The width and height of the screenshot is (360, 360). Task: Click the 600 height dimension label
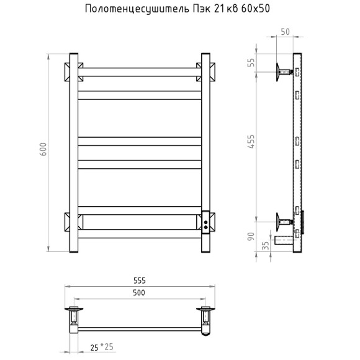pyautogui.click(x=43, y=149)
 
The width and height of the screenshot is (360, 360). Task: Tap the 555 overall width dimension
pyautogui.click(x=140, y=281)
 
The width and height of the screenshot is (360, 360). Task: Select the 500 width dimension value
pyautogui.click(x=139, y=293)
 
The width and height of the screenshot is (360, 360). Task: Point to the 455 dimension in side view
pyautogui.click(x=251, y=142)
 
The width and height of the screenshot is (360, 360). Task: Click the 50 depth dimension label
pyautogui.click(x=285, y=32)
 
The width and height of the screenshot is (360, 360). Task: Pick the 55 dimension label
pyautogui.click(x=252, y=63)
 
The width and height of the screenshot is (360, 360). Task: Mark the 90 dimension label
pyautogui.click(x=251, y=236)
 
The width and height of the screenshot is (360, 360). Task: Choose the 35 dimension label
pyautogui.click(x=265, y=246)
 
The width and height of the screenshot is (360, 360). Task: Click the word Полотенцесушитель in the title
pyautogui.click(x=137, y=9)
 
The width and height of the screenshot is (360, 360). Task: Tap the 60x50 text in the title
pyautogui.click(x=256, y=9)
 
